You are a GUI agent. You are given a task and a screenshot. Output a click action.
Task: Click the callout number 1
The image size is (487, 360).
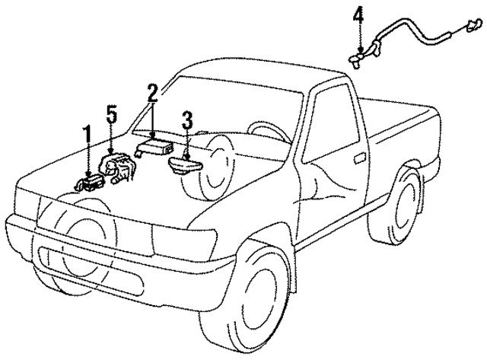[x=87, y=135]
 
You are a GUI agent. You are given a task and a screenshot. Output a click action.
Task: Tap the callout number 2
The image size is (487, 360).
[x=153, y=94]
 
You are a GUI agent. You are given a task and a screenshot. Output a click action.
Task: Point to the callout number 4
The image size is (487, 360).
[x=358, y=14]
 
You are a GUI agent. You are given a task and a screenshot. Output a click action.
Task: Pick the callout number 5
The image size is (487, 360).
[x=111, y=116]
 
